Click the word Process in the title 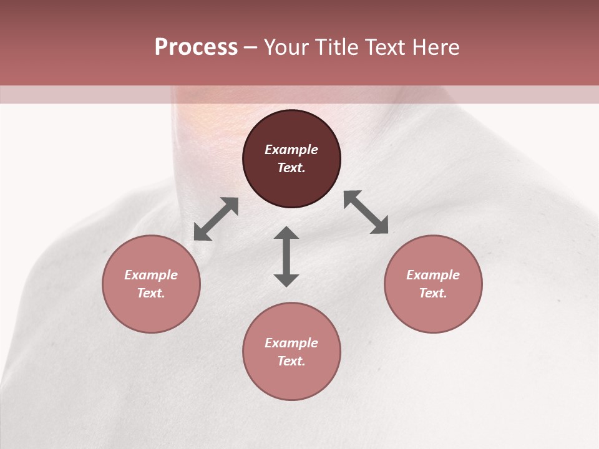pos(196,47)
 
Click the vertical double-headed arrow pos(286,256)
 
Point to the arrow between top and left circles pos(216,219)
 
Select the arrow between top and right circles pos(366,212)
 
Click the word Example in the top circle pos(291,150)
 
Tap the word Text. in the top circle pos(291,168)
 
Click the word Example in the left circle pos(151,275)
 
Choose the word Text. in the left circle pos(151,293)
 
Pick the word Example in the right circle pos(433,275)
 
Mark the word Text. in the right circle pos(433,293)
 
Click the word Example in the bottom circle pos(291,343)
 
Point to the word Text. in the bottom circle pos(291,361)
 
